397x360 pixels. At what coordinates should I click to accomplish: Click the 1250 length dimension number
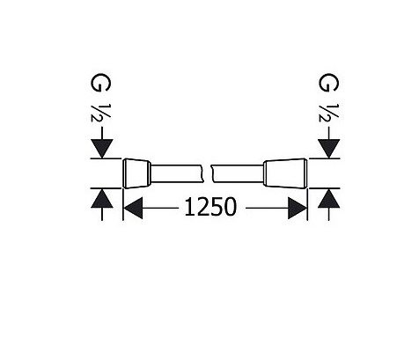coord(210,207)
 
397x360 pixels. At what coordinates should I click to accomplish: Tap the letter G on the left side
coord(100,82)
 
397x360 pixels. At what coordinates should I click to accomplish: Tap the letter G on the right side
coord(328,83)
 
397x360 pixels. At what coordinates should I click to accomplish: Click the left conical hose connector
coord(137,173)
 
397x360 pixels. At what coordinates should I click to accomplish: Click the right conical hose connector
coord(285,173)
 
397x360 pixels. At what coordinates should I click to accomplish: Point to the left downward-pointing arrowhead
coord(102,149)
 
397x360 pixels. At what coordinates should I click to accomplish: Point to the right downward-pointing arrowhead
coord(329,149)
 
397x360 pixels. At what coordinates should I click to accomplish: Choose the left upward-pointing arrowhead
coord(102,198)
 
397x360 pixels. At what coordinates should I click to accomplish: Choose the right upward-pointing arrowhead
coord(329,198)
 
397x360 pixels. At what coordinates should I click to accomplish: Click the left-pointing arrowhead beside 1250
coord(133,208)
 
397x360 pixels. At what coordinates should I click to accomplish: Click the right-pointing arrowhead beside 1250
coord(298,208)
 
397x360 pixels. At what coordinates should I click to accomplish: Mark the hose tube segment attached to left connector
coord(177,173)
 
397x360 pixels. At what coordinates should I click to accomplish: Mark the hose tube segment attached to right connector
coord(238,173)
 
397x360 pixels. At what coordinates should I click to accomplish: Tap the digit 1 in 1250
coord(188,207)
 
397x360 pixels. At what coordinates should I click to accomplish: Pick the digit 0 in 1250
coord(230,207)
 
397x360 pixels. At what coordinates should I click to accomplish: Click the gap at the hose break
coord(207,173)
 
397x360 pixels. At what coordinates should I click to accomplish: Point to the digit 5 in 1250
coord(217,207)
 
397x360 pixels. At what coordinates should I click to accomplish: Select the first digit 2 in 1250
coord(202,207)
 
